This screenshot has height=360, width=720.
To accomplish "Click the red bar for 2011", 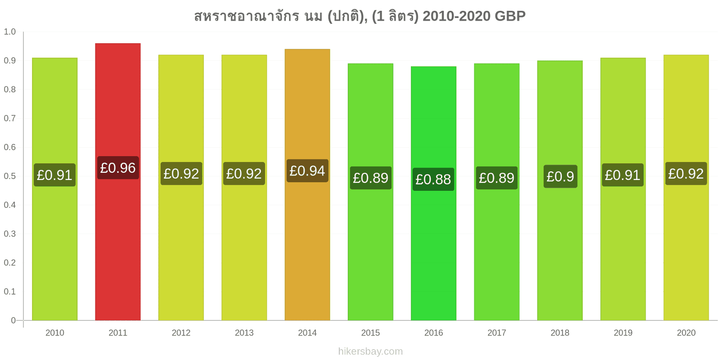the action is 117,182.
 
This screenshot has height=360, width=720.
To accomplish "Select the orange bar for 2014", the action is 307,184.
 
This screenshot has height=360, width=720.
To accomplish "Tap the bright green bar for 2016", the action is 433,193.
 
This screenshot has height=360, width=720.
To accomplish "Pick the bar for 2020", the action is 686,187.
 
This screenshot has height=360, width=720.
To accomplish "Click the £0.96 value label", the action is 118,168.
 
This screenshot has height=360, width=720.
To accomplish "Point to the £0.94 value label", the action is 307,171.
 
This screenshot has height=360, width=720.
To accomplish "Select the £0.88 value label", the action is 433,180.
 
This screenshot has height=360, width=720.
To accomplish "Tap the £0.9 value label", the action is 560,176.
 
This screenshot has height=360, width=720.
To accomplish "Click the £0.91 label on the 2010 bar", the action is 54,175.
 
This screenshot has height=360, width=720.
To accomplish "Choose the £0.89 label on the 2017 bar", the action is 497,178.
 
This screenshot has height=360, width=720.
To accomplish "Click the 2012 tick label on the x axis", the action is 181,333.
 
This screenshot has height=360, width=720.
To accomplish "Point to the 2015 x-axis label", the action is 370,333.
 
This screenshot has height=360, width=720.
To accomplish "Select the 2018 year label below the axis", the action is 560,333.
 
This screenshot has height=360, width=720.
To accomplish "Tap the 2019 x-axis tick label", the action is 623,333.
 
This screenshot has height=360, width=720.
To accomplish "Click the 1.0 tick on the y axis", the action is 9,31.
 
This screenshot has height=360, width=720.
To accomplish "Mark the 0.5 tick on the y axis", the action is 9,176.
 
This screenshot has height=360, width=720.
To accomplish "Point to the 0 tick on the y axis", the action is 13,320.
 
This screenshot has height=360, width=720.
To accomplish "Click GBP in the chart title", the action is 510,16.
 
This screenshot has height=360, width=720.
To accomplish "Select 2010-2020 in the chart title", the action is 456,16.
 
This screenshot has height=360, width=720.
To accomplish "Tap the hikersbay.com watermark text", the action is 370,351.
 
